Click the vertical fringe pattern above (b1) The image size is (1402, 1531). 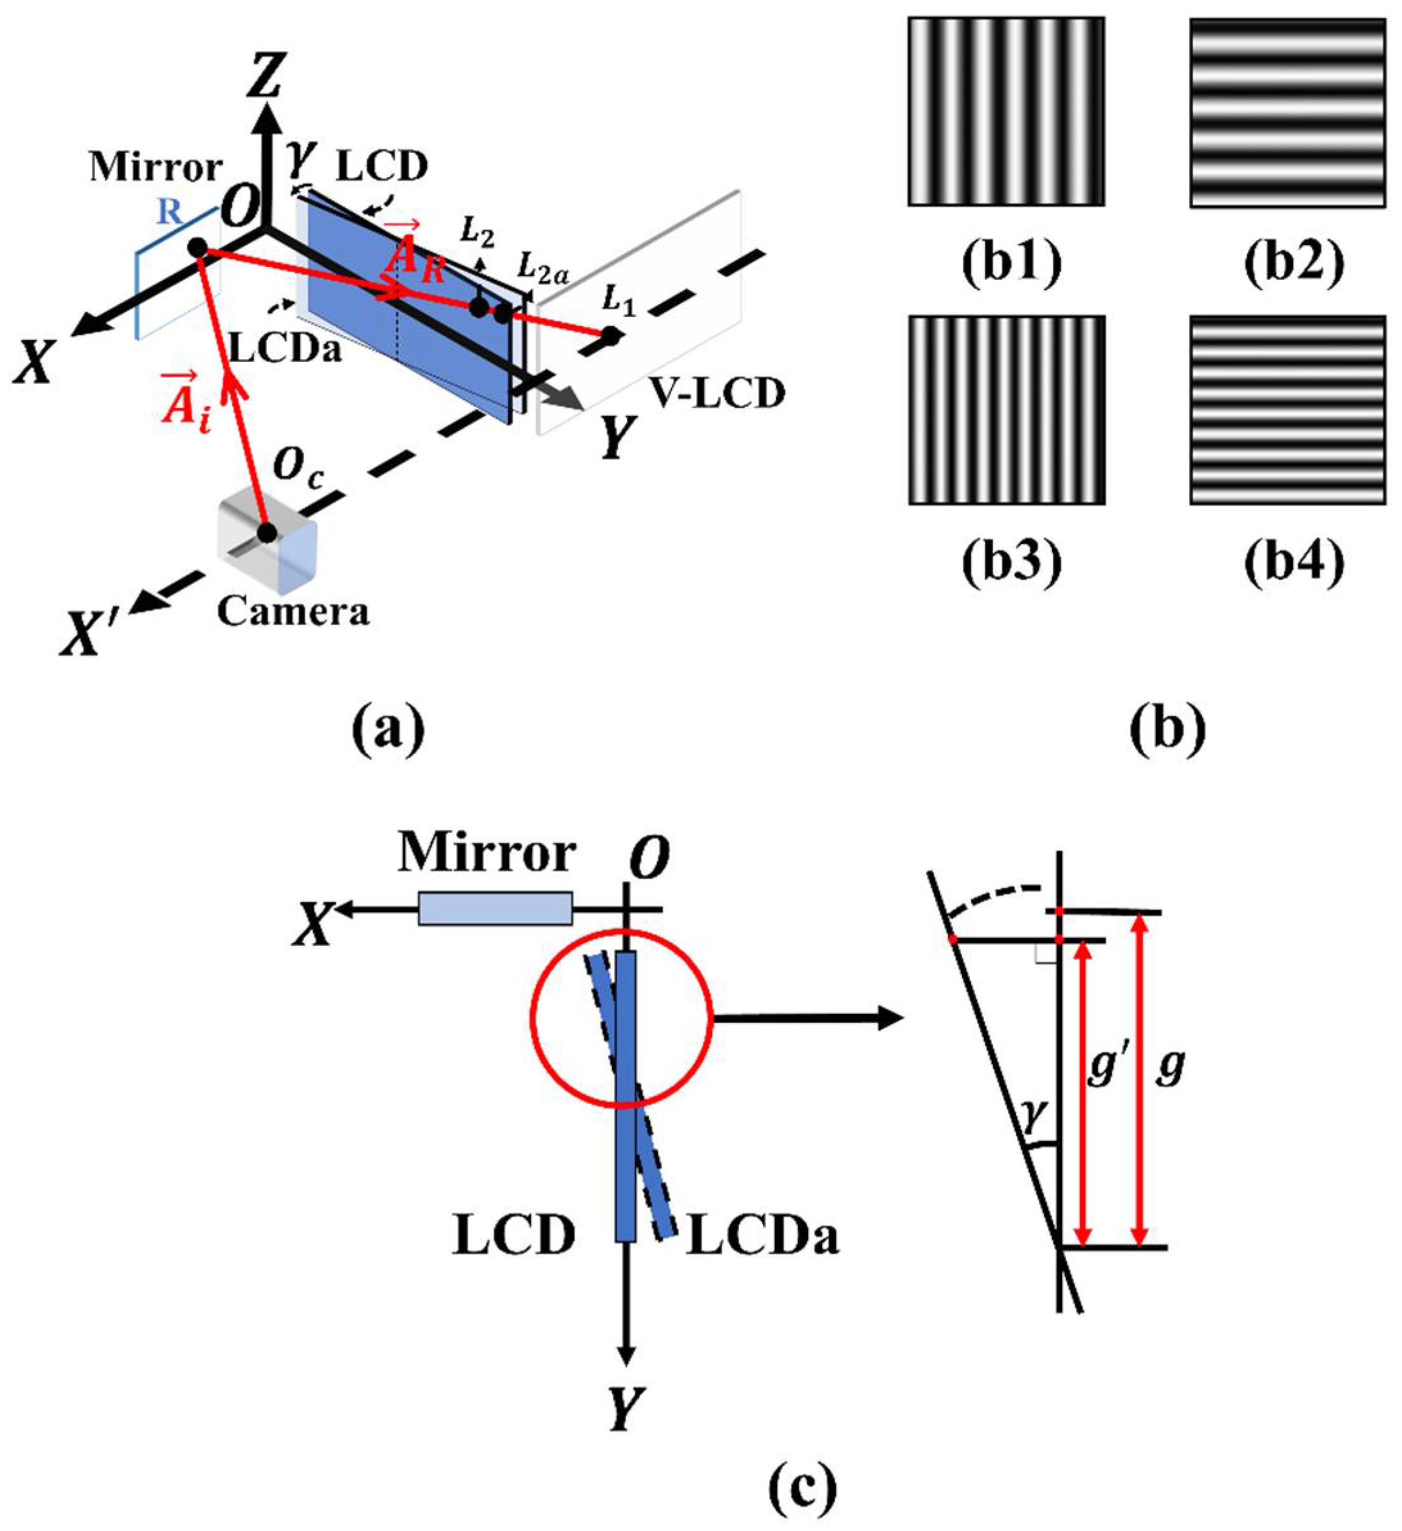pyautogui.click(x=1006, y=112)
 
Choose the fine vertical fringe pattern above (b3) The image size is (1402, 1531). pyautogui.click(x=1006, y=410)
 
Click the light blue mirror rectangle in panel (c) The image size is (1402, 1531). pyautogui.click(x=495, y=909)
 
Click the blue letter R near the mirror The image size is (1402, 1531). pyautogui.click(x=169, y=214)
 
